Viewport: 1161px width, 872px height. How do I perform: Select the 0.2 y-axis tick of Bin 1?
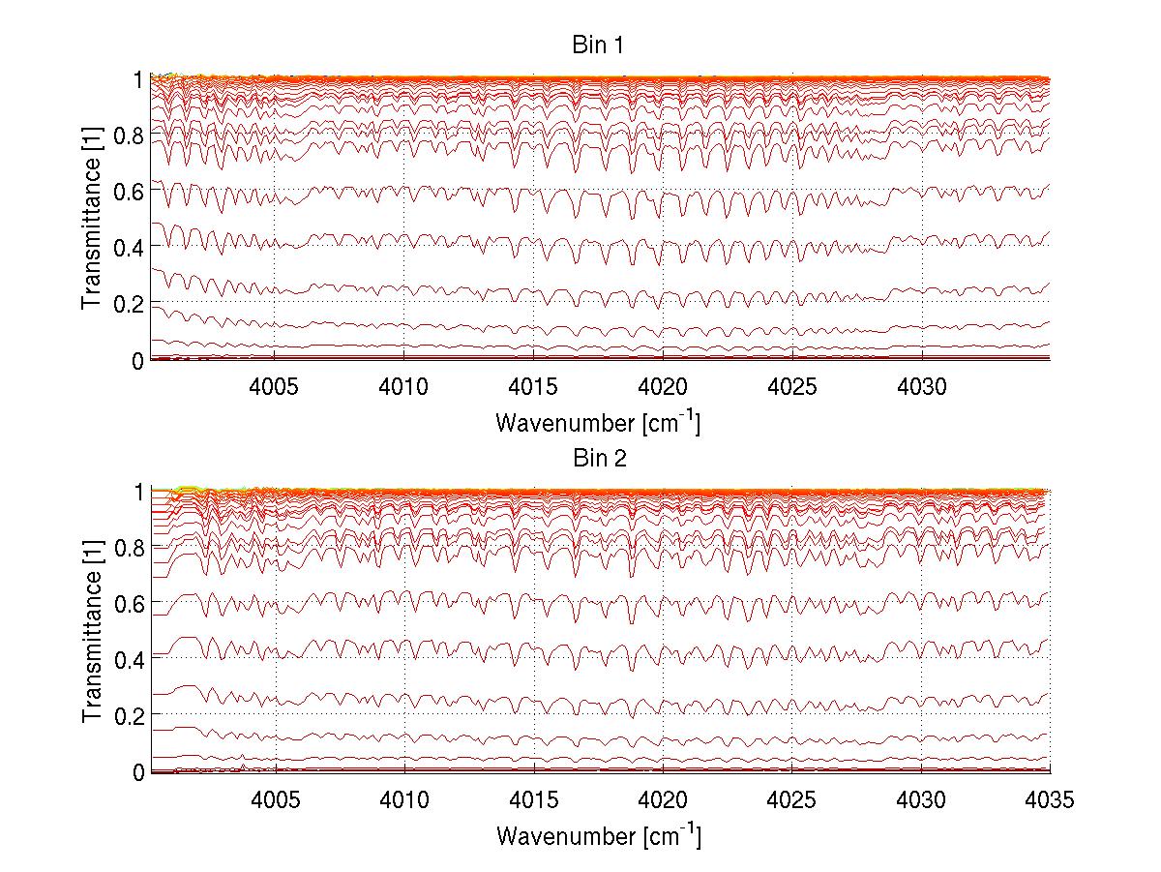(130, 304)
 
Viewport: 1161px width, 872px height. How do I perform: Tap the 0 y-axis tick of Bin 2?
(139, 772)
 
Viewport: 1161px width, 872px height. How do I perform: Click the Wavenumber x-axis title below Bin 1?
(598, 423)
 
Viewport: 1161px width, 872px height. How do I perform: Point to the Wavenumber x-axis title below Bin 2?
(598, 835)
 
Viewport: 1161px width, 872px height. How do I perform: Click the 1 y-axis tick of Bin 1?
(139, 79)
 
